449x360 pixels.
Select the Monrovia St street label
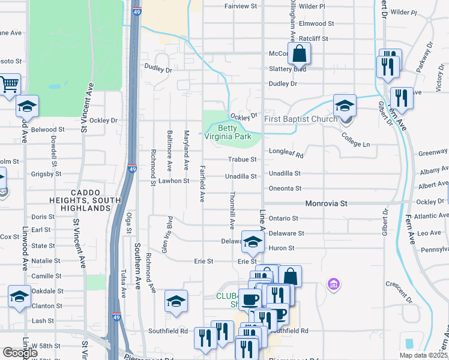point(327,204)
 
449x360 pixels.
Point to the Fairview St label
point(240,6)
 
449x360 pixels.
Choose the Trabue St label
point(243,160)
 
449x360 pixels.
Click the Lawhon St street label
point(174,181)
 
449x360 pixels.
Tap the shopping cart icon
point(8,85)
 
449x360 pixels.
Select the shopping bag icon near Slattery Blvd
point(298,54)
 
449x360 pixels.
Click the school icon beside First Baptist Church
point(345,106)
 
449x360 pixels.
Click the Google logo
point(20,353)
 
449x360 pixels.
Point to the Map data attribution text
point(424,355)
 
